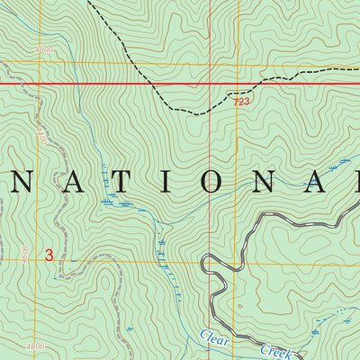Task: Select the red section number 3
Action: coord(49,256)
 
